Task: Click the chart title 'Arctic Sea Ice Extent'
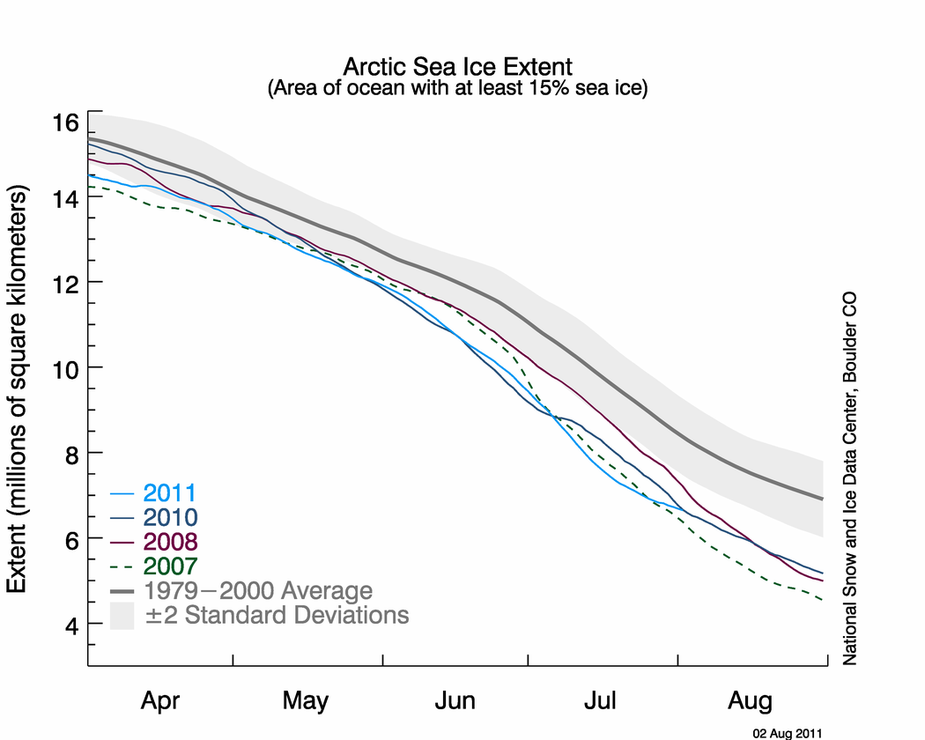tap(457, 67)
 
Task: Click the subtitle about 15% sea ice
tap(457, 89)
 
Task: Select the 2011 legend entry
tap(166, 493)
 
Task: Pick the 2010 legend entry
tap(166, 517)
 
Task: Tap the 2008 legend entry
tap(166, 541)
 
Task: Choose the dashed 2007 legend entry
tap(166, 565)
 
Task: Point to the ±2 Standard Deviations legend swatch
tap(121, 614)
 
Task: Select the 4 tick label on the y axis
tap(70, 625)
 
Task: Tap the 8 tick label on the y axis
tap(70, 453)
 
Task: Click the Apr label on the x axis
tap(160, 702)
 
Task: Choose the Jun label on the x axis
tap(455, 702)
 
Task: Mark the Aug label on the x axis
tap(751, 702)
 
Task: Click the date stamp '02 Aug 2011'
tap(787, 731)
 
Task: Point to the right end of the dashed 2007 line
tap(823, 600)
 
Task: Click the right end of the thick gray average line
tap(823, 499)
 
